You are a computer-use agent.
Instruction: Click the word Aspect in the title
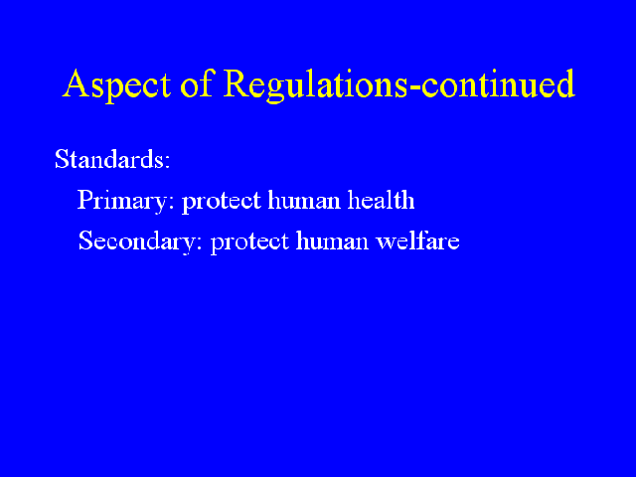[x=117, y=85]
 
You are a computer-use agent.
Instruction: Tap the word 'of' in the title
[x=197, y=82]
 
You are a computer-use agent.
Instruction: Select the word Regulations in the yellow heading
[x=315, y=85]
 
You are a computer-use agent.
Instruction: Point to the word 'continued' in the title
[x=498, y=83]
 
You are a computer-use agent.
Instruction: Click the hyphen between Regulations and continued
[x=413, y=87]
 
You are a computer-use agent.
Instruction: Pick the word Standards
[x=109, y=159]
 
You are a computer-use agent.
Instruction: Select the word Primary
[x=121, y=201]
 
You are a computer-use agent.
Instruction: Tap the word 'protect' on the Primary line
[x=221, y=201]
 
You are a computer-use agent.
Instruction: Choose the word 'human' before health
[x=304, y=200]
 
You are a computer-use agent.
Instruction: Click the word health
[x=381, y=200]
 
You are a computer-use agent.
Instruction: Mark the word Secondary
[x=137, y=240]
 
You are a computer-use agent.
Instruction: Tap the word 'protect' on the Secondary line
[x=249, y=242]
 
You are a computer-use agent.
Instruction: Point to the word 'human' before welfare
[x=332, y=240]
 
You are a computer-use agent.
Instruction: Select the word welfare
[x=417, y=240]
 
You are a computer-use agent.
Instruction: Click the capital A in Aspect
[x=77, y=83]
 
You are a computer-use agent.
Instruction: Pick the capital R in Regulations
[x=238, y=83]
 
